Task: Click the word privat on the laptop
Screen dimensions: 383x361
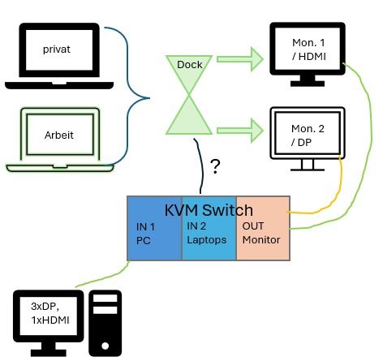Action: tap(57, 49)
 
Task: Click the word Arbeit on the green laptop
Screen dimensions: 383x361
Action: tap(59, 135)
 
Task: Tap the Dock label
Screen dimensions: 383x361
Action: tap(190, 65)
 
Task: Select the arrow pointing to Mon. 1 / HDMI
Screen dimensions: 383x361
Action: tap(240, 59)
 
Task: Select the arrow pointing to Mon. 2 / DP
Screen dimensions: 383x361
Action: tap(240, 131)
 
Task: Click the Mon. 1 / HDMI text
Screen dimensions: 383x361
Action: tap(309, 49)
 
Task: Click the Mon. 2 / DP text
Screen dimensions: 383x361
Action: tap(308, 135)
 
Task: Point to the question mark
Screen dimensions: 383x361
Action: tap(215, 166)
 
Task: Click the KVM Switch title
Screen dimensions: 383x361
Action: tap(209, 210)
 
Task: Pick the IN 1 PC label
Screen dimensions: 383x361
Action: tap(145, 234)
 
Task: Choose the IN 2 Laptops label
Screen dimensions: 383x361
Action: tap(207, 233)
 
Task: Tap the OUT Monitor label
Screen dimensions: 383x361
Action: tap(261, 233)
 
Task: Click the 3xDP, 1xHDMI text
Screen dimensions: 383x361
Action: tap(50, 313)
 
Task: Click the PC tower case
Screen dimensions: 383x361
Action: tap(105, 323)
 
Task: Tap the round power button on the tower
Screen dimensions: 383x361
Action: tap(105, 346)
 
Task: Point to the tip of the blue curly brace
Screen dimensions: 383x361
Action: tap(149, 98)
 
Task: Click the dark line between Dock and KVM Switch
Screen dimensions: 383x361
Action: tap(202, 165)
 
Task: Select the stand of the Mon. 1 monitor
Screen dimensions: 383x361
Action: tap(308, 80)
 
